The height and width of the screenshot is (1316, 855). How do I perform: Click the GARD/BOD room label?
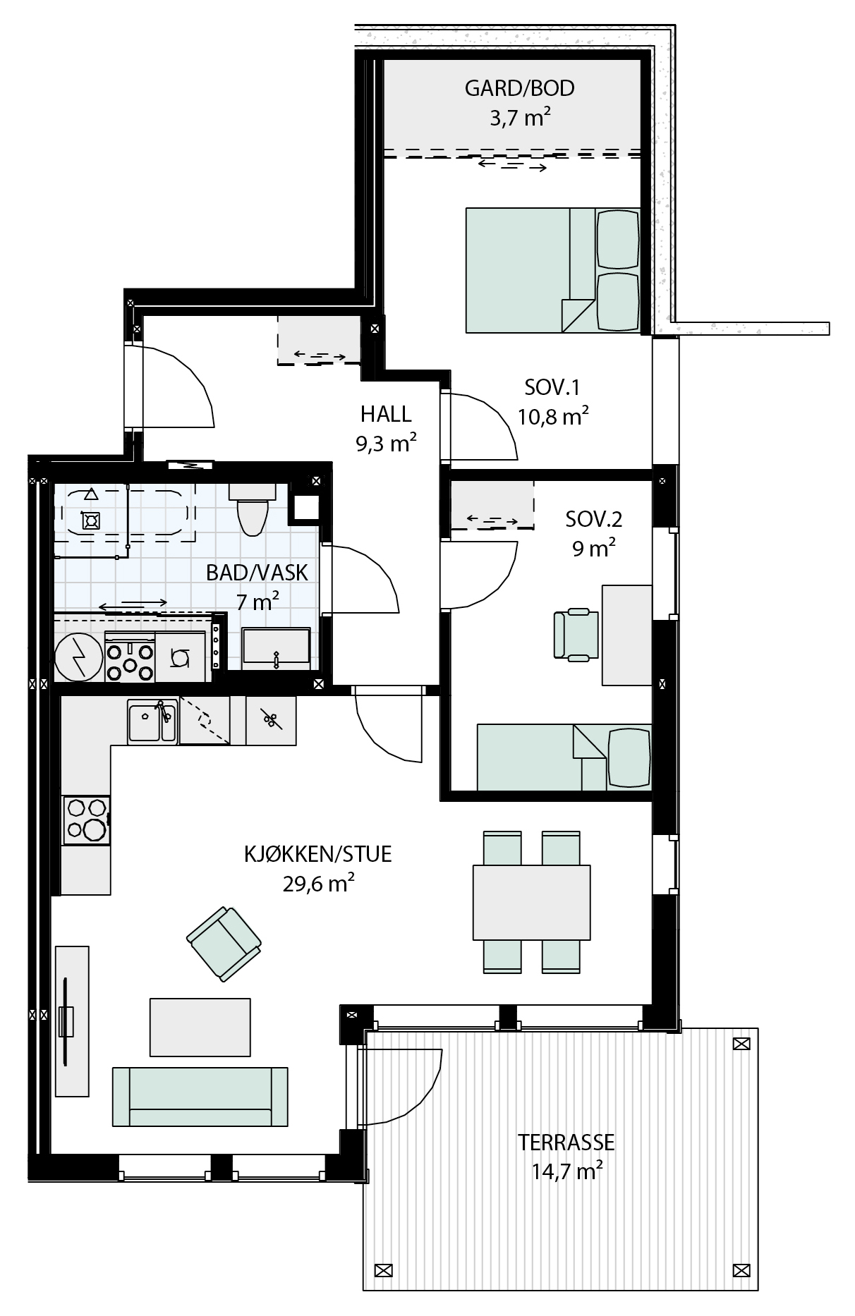[519, 88]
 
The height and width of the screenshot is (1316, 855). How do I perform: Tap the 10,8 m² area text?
[553, 416]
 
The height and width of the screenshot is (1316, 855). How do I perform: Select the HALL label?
[386, 413]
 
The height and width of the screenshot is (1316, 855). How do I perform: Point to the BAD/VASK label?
[257, 573]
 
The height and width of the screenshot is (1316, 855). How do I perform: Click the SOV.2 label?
[594, 520]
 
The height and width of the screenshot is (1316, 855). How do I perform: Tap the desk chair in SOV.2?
[576, 635]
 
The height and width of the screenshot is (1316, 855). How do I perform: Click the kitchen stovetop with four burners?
[87, 820]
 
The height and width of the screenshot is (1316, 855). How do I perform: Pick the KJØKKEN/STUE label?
[317, 855]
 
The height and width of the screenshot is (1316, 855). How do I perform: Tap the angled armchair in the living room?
[224, 944]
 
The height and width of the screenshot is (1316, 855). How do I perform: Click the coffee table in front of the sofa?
[200, 1027]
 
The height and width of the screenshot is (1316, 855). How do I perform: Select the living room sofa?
[200, 1096]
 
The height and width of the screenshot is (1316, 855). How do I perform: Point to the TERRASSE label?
[566, 1142]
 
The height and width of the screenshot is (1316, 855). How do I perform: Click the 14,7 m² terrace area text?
[566, 1171]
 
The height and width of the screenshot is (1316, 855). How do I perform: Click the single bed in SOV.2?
[564, 757]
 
